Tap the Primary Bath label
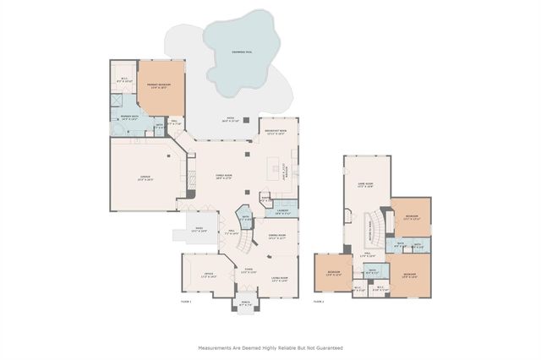[129, 117]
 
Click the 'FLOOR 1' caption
[187, 301]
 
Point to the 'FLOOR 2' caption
[319, 301]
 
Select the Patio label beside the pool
[229, 119]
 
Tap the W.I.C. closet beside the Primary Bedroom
[123, 82]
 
